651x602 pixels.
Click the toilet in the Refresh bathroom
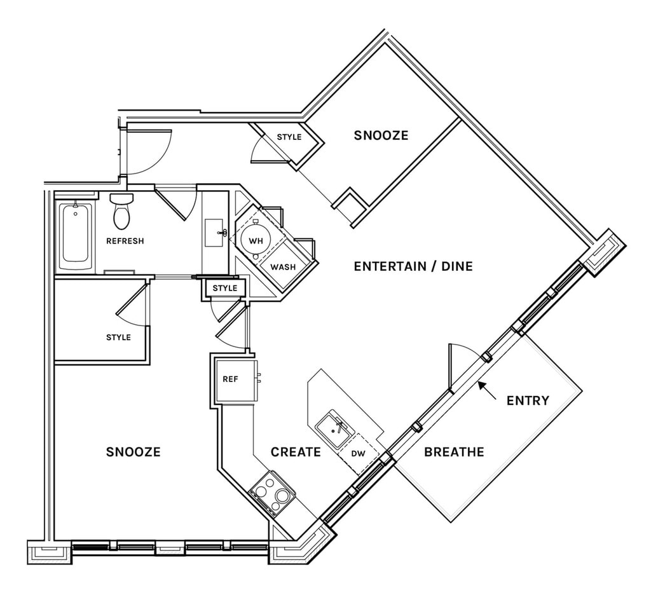coord(121,211)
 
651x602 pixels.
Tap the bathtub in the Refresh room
coord(75,236)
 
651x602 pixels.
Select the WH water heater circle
coord(256,240)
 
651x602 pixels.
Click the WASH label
coord(283,267)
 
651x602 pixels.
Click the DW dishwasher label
coord(359,454)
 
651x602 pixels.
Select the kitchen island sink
coord(334,429)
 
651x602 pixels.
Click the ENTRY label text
coord(528,400)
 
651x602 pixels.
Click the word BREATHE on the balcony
coord(454,452)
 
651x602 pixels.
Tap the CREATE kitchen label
coord(296,452)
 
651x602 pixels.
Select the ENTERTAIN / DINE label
coord(413,266)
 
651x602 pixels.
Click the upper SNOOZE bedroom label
coord(381,135)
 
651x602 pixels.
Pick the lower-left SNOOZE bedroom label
coord(134,452)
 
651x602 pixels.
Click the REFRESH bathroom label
coord(125,241)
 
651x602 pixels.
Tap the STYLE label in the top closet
coord(289,137)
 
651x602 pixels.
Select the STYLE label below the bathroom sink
coord(224,288)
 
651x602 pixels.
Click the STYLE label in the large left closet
coord(118,338)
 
